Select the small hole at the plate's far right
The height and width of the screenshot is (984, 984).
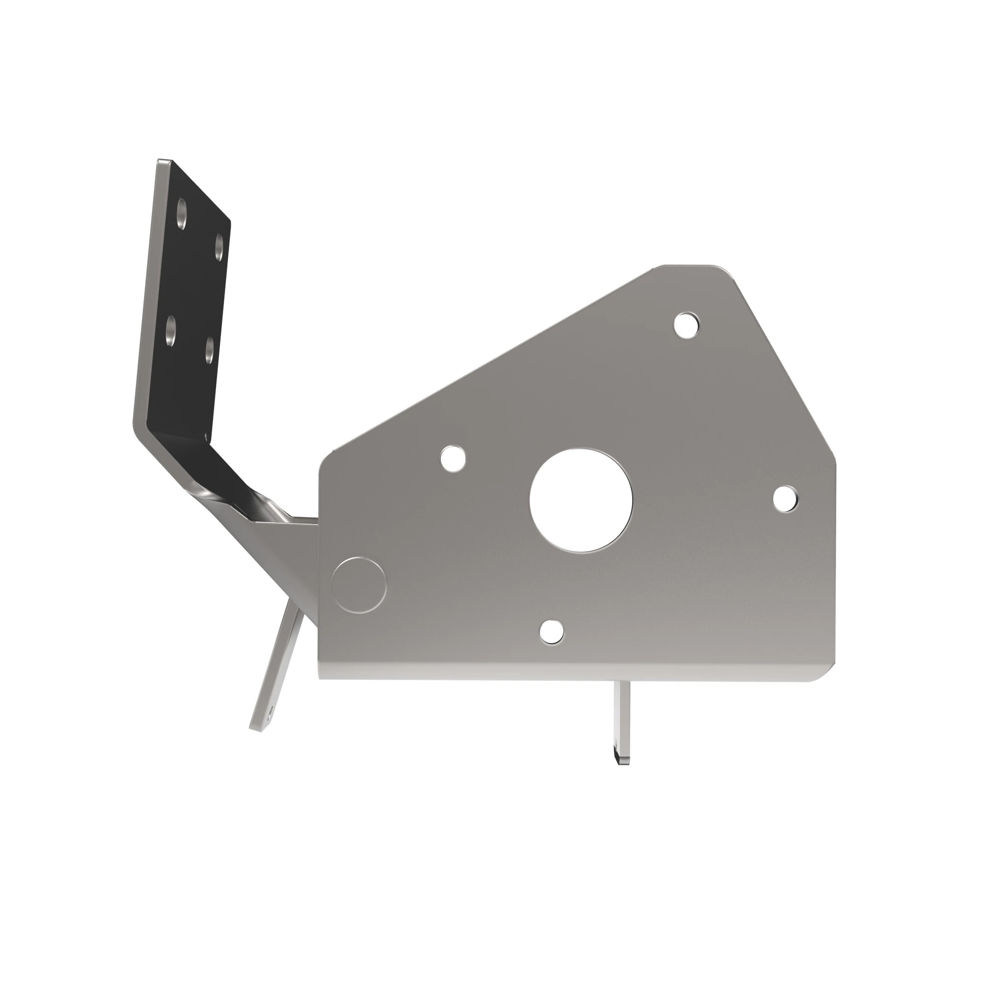click(785, 498)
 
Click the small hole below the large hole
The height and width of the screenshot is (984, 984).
click(552, 631)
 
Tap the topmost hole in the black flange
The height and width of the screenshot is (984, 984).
click(182, 214)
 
